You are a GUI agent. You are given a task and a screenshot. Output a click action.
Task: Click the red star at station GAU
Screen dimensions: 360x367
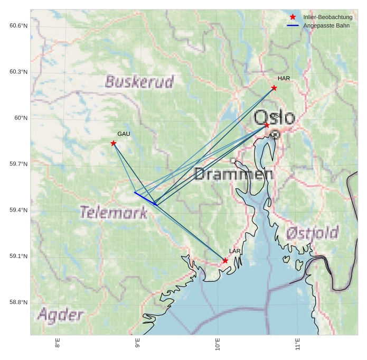coord(114,143)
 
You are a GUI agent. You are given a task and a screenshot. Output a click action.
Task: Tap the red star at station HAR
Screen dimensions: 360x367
coord(274,88)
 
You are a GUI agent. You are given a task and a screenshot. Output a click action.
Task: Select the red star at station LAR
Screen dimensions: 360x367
coord(225,261)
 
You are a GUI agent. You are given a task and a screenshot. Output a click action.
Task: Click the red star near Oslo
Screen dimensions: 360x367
coord(267,125)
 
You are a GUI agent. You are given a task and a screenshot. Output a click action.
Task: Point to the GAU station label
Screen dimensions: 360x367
coord(124,134)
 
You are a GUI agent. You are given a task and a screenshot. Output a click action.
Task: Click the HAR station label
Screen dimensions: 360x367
coord(284,79)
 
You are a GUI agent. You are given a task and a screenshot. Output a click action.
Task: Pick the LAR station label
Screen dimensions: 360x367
coord(235,251)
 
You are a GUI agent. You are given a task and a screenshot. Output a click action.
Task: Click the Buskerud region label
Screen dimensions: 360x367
coord(139,82)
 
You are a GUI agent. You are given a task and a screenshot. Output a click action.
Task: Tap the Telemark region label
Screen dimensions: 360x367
coord(114,213)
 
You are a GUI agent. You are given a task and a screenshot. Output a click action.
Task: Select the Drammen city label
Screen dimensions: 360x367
coord(234,174)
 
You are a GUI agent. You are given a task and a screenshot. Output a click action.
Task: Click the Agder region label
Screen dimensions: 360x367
coord(60,316)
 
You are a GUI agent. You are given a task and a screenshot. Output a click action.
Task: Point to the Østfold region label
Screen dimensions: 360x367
coord(313,233)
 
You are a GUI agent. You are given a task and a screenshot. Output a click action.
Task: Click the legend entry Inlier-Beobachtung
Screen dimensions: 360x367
coord(327,17)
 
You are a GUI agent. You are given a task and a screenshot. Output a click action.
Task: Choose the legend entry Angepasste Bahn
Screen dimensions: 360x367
coord(326,26)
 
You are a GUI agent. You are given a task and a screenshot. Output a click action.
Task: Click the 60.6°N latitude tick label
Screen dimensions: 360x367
coord(18,26)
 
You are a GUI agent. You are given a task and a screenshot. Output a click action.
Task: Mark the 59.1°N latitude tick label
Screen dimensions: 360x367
coord(18,256)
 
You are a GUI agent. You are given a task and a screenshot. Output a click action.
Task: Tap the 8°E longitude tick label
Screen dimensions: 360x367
coord(58,345)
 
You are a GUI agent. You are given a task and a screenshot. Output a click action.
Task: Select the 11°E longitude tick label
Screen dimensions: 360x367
coord(298,345)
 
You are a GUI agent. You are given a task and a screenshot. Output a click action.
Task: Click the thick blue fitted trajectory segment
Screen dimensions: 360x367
coord(145,198)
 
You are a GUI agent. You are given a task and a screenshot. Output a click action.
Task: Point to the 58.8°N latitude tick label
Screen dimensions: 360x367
coord(18,302)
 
